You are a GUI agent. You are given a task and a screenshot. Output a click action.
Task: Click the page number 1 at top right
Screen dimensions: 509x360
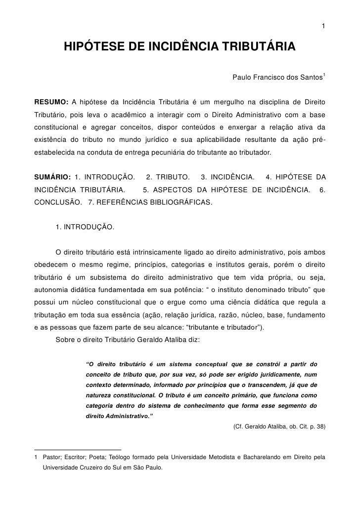point(323,26)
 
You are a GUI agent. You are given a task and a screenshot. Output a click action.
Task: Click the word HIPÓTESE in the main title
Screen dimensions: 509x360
point(93,47)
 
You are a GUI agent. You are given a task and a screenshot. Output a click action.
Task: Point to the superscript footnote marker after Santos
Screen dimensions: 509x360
point(324,75)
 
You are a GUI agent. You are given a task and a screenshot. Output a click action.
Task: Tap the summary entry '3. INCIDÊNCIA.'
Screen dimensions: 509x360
point(227,177)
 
